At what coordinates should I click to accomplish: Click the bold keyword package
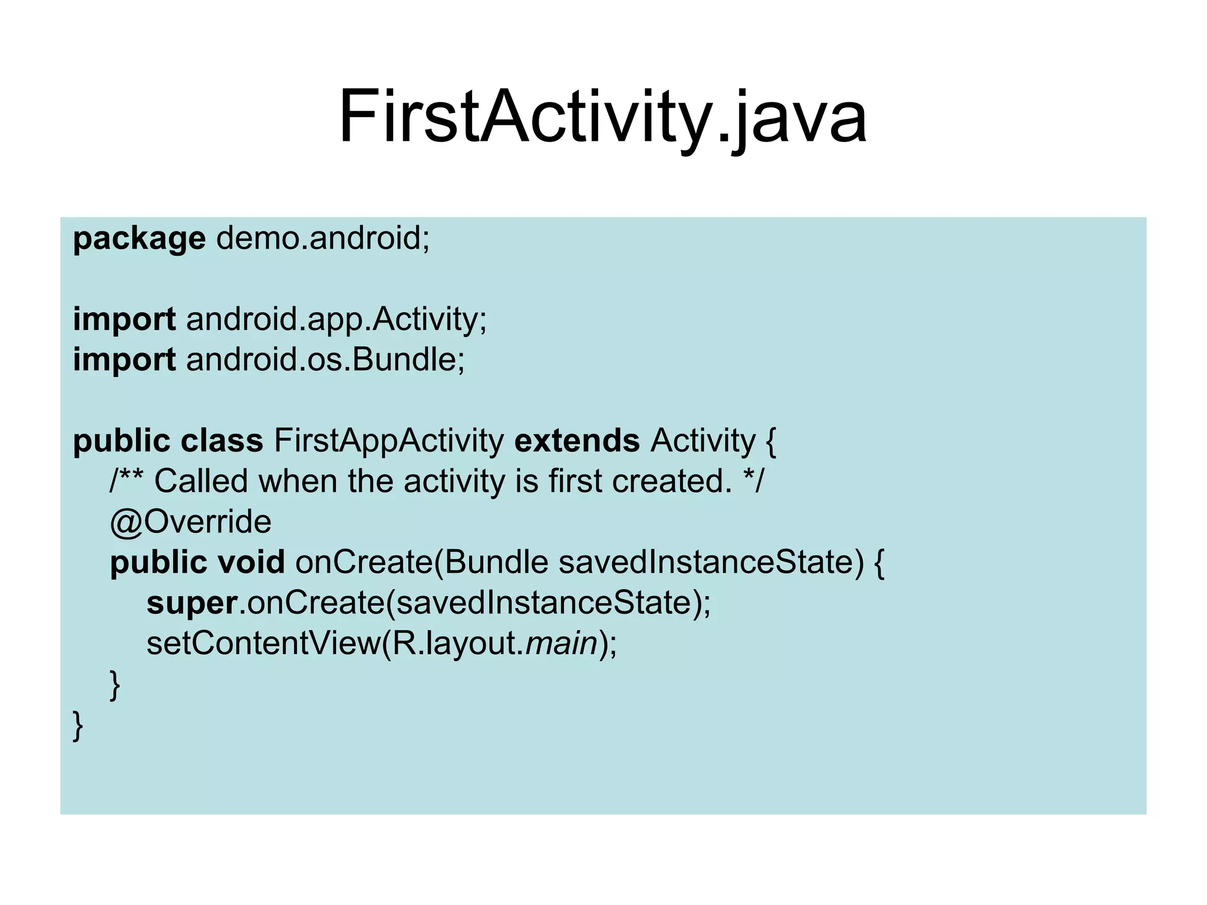tap(139, 239)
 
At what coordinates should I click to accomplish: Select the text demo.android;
tap(323, 238)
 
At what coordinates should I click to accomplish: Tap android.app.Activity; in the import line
tap(337, 320)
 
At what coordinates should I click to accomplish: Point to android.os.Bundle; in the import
tap(325, 360)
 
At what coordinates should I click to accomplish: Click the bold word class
tap(222, 441)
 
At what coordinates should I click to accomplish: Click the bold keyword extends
tap(577, 441)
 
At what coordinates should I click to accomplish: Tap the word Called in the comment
tap(201, 481)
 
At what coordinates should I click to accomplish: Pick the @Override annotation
tap(190, 522)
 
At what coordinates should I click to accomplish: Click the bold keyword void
tap(252, 562)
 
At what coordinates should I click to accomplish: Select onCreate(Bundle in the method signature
tap(422, 562)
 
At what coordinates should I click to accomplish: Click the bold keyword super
tap(192, 604)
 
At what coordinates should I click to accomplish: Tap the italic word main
tap(562, 643)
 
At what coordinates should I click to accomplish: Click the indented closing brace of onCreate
tap(115, 685)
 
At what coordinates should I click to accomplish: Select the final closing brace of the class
tap(78, 725)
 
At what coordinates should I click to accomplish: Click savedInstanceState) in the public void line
tap(711, 562)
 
